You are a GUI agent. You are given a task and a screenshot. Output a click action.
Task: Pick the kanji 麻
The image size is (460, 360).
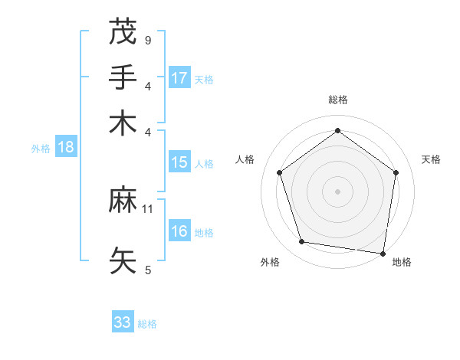[123, 201]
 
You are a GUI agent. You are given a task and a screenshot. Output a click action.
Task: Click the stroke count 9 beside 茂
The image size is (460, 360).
[148, 40]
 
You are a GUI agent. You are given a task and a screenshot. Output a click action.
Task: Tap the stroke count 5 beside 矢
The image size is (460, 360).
[148, 270]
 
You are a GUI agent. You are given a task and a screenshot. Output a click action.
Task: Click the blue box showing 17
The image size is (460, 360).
[179, 77]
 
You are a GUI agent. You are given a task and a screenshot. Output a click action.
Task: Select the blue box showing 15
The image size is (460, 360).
[179, 162]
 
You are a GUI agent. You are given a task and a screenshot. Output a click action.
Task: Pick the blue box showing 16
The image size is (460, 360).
[179, 231]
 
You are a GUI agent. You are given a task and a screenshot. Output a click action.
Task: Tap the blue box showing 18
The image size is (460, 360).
[66, 147]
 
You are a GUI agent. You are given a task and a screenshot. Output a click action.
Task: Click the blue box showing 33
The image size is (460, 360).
[123, 322]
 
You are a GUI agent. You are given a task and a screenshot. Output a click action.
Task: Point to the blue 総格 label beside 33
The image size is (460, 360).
[147, 324]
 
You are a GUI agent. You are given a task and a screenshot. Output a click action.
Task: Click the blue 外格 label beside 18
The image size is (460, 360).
[41, 149]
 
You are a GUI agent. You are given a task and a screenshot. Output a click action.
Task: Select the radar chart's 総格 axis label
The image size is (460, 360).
[337, 100]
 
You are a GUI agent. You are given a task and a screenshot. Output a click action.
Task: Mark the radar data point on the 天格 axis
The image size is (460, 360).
[396, 172]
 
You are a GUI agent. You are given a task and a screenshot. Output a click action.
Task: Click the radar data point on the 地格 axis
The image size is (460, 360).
[383, 253]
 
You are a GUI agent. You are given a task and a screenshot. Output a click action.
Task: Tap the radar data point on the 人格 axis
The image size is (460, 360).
[279, 172]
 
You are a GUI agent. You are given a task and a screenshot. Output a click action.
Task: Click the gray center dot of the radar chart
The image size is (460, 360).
[337, 191]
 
